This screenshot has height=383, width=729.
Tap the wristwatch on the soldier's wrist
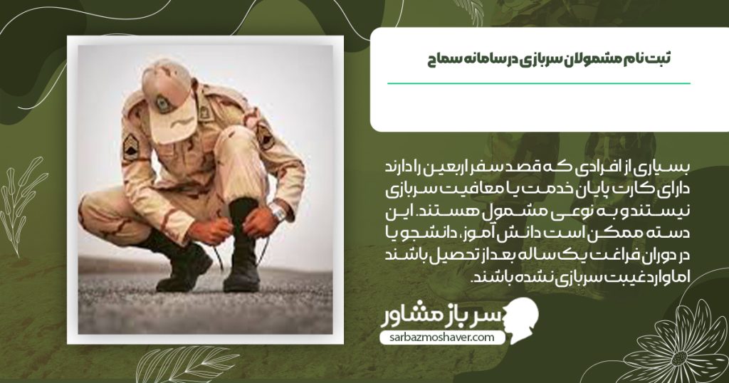click(x=277, y=211)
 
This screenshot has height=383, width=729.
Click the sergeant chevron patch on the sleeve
click(x=131, y=147)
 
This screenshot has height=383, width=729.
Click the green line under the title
click(x=539, y=83)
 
